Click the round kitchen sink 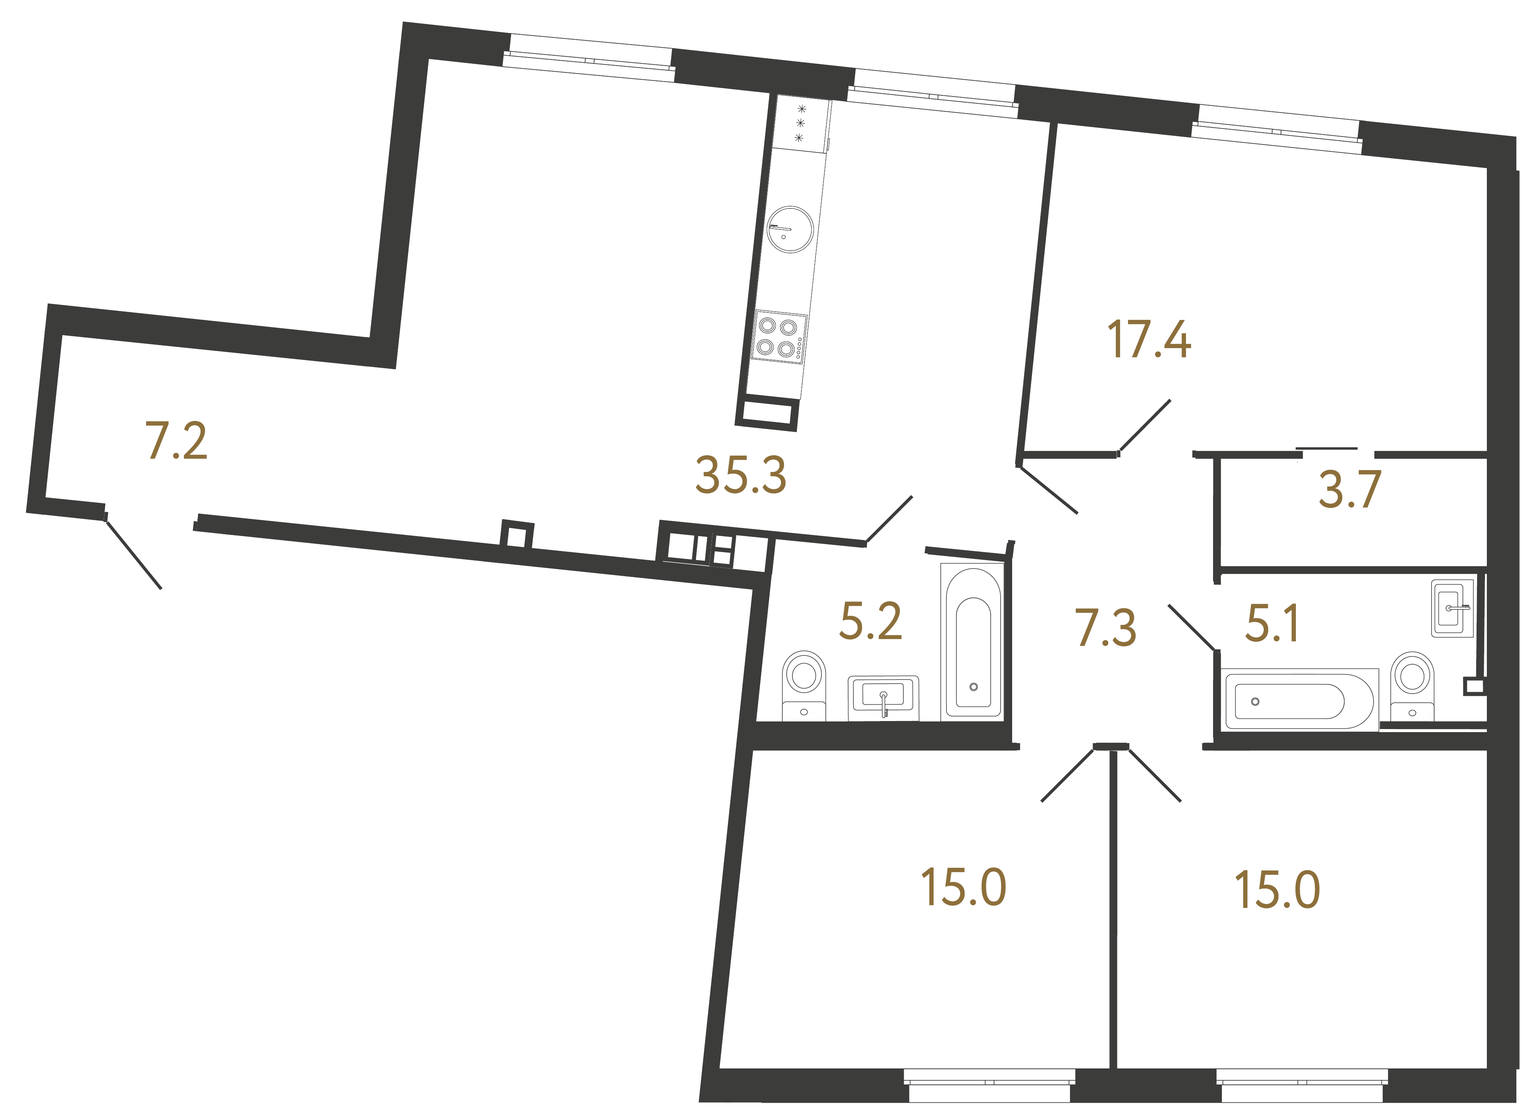pos(790,230)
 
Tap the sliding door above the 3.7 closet pos(1327,448)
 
